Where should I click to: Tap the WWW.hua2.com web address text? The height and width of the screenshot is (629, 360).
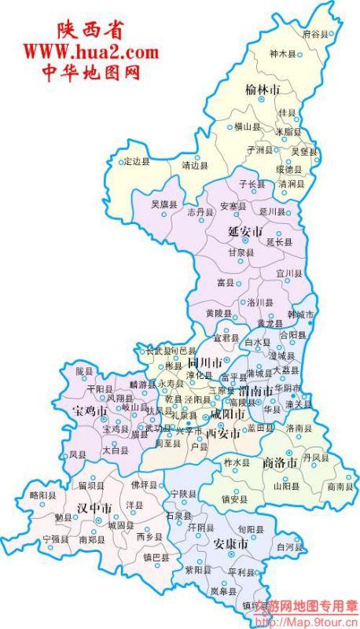click(x=90, y=53)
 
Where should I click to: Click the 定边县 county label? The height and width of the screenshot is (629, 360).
click(x=134, y=162)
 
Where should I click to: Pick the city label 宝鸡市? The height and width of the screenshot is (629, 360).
click(x=89, y=410)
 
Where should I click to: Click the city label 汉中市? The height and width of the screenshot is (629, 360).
click(x=94, y=507)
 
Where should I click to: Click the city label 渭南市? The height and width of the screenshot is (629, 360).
click(x=255, y=391)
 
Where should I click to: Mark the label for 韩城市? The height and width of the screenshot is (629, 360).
click(x=299, y=315)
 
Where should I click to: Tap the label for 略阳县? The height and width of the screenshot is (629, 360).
click(x=43, y=495)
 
